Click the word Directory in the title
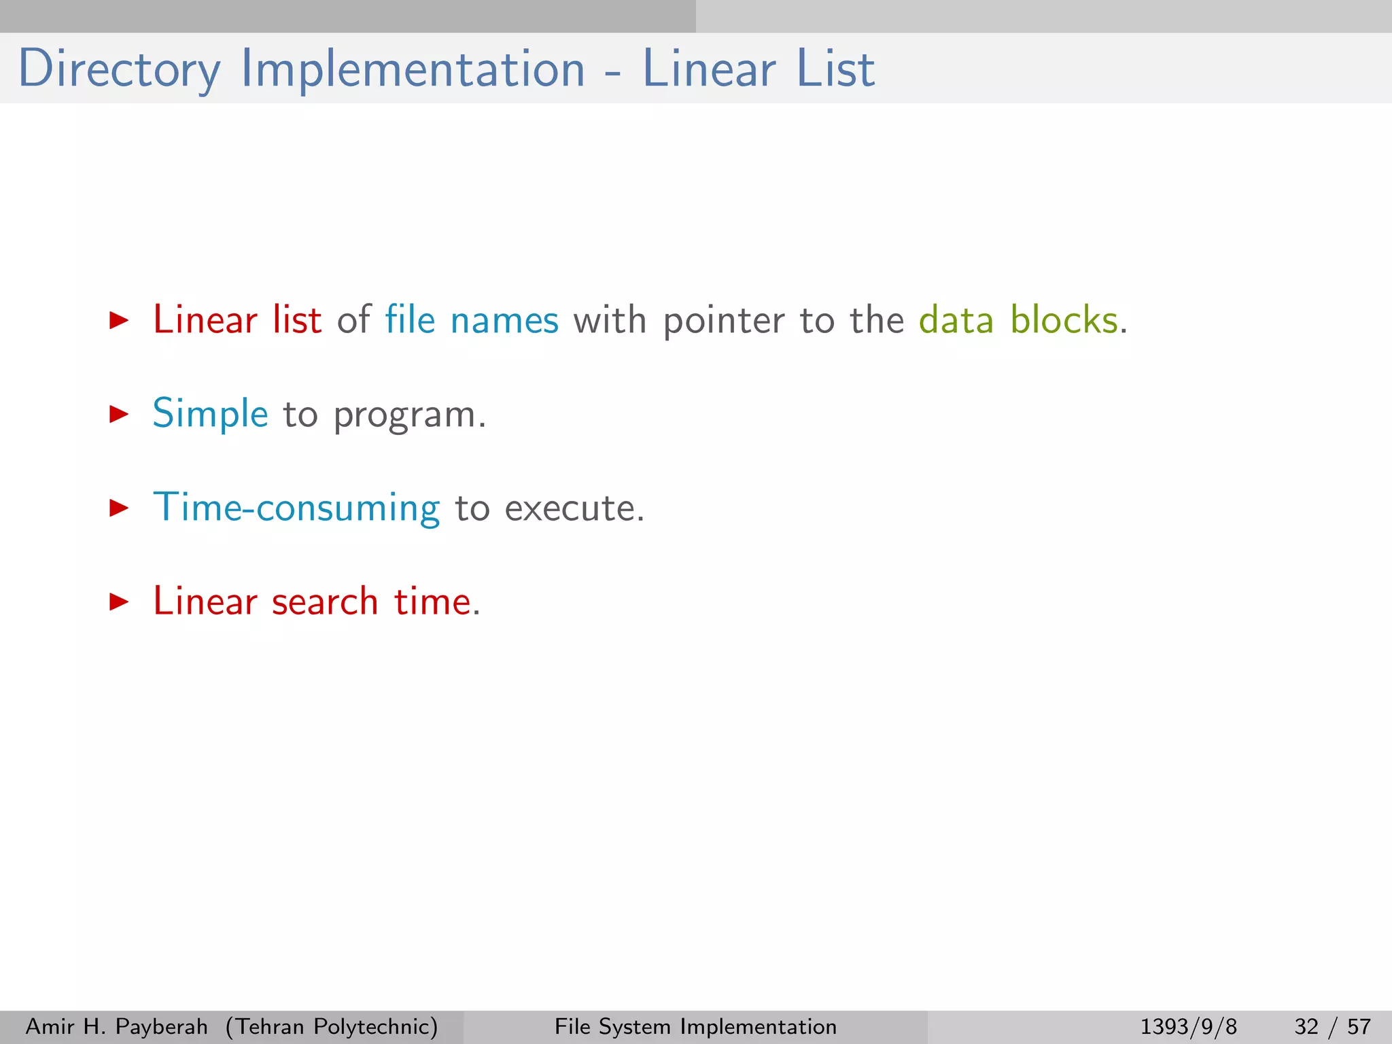119,69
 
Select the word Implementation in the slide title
413,69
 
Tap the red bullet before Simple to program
119,414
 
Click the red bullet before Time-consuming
119,508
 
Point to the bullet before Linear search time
119,602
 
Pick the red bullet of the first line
119,320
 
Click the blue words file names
472,320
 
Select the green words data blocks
1018,320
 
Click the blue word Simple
210,414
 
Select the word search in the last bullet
325,602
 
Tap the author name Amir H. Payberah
116,1026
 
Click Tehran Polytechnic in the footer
332,1026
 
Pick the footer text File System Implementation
695,1026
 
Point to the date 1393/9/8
1188,1026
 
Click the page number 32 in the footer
1306,1026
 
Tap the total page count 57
1359,1026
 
